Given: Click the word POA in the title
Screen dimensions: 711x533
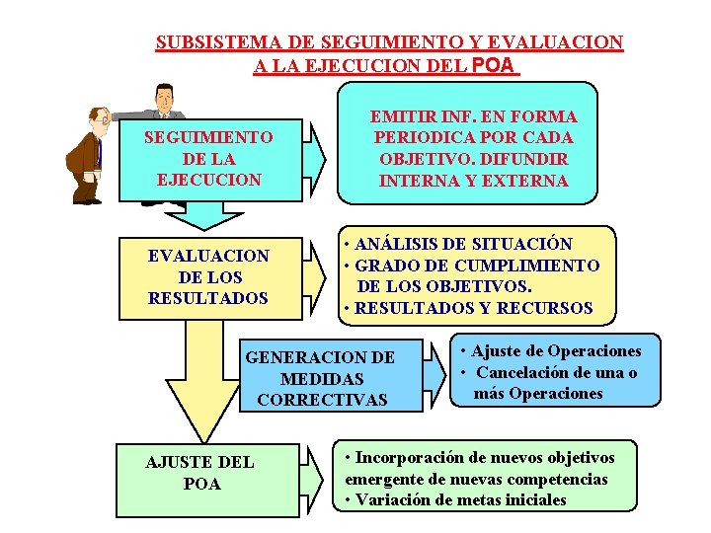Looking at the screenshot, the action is tap(495, 66).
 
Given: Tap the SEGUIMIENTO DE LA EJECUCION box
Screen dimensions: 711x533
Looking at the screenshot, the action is tap(208, 158).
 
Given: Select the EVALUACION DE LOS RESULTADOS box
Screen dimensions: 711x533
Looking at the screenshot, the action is tap(208, 276).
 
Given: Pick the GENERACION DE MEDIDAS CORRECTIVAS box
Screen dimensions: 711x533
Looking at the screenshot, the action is tap(320, 378).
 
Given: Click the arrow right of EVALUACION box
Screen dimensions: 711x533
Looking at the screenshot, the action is tap(314, 275).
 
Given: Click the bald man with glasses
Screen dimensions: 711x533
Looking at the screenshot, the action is tap(89, 153).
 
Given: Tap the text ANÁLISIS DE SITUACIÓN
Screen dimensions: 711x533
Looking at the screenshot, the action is tap(463, 244).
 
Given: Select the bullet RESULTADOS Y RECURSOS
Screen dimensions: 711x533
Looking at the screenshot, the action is tap(473, 308).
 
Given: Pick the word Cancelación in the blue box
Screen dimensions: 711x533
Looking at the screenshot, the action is tap(522, 372).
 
